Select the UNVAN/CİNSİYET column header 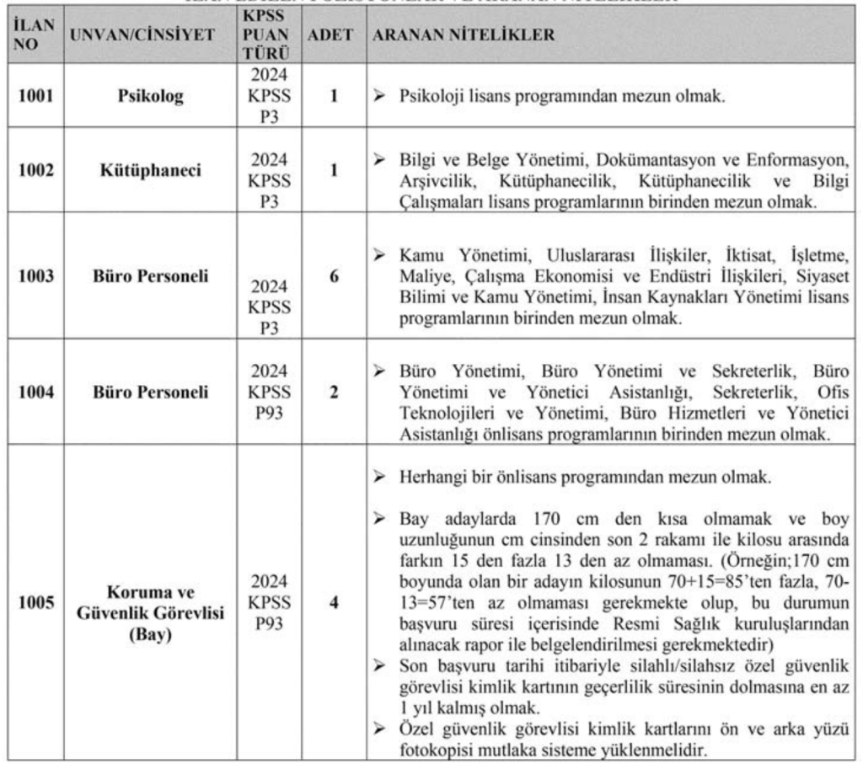[x=142, y=36]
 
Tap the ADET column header [x=334, y=36]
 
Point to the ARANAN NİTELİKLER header [x=464, y=36]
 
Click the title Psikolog [x=151, y=95]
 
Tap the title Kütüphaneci [x=151, y=170]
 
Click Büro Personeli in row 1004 [x=151, y=393]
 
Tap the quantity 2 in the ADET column [x=334, y=393]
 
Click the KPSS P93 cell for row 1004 [x=269, y=393]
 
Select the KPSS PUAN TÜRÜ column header [x=269, y=36]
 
